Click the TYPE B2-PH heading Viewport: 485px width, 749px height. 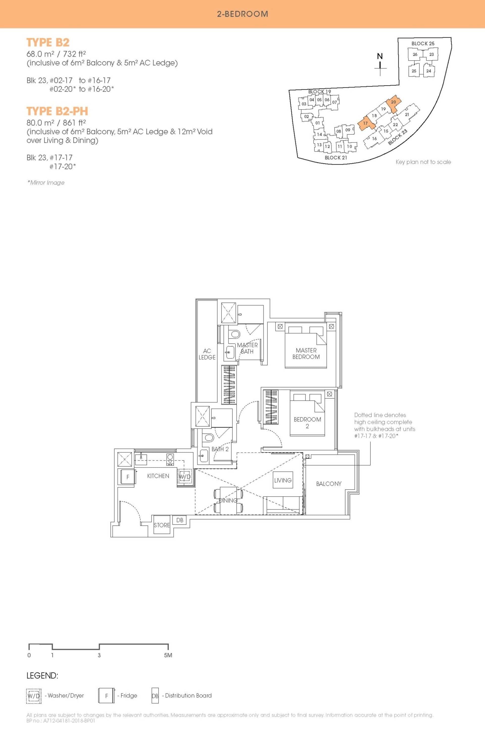(x=57, y=111)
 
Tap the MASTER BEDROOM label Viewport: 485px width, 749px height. (x=306, y=353)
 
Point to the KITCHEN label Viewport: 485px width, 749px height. (x=158, y=476)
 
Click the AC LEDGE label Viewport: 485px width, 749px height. (x=207, y=354)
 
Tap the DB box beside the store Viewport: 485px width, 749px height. (x=180, y=520)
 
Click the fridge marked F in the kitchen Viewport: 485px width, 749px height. (x=128, y=477)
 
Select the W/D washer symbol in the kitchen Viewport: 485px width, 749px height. (x=185, y=477)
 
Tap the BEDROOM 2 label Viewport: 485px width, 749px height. (x=307, y=423)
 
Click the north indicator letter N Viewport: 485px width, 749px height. (x=380, y=56)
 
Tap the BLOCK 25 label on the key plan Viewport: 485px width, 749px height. (x=423, y=43)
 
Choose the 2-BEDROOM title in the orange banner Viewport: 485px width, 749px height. (x=243, y=14)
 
